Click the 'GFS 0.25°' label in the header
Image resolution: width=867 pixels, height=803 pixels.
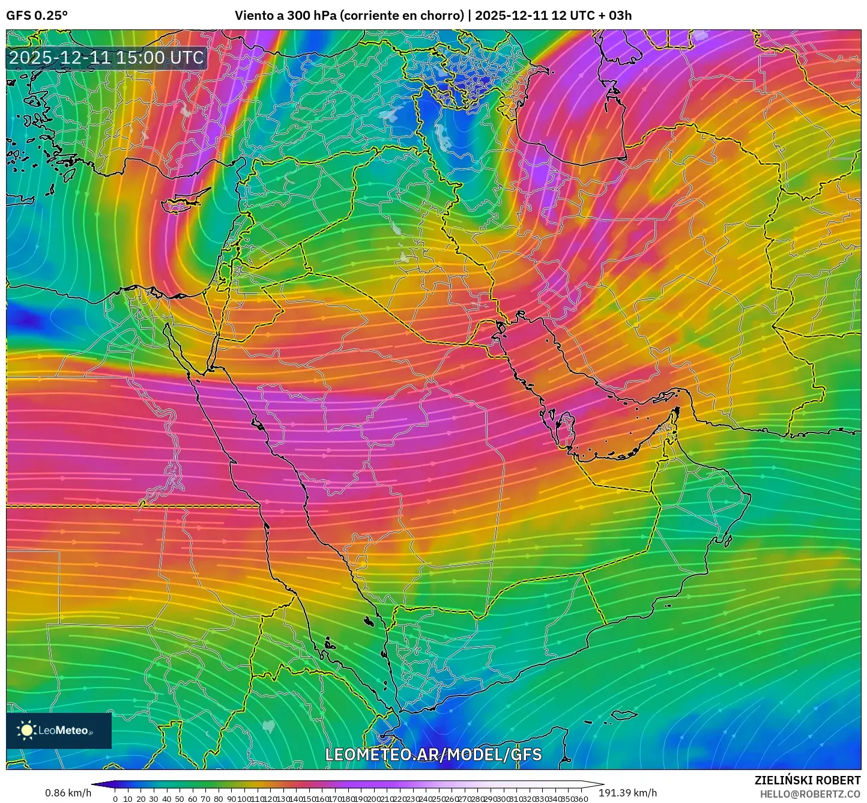[37, 16]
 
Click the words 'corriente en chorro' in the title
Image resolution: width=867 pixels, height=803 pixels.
[402, 16]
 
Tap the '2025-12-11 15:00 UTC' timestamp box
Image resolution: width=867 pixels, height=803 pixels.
[106, 58]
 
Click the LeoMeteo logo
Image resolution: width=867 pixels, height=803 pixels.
[59, 730]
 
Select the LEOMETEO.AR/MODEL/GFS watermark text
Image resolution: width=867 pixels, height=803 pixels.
[433, 754]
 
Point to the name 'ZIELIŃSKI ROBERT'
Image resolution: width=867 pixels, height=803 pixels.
[807, 780]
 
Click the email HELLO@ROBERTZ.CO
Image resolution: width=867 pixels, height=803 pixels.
[810, 794]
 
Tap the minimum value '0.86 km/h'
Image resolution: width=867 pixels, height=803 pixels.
[68, 793]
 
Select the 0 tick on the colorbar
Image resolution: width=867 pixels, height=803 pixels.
[115, 799]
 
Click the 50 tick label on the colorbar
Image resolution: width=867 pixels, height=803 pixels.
[180, 799]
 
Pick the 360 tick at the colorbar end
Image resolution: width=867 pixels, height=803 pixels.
[581, 799]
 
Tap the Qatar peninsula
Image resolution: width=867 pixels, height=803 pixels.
[565, 426]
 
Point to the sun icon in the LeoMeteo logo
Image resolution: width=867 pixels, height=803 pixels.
[26, 730]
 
